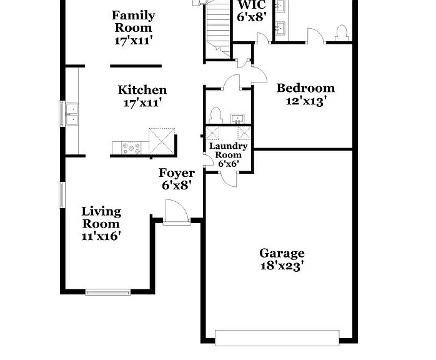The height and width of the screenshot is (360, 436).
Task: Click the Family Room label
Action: coord(134,21)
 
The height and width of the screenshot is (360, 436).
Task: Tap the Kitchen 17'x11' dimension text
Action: coord(142,103)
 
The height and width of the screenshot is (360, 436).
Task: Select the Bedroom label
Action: coord(305,88)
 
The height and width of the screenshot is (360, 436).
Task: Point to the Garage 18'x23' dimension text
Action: coord(282,266)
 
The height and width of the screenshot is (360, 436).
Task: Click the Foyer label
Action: coord(177,173)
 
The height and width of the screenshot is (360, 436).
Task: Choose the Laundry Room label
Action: coord(228,151)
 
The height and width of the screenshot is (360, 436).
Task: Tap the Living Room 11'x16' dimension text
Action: coord(101,236)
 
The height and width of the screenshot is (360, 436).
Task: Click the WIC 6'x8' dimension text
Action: coord(252,17)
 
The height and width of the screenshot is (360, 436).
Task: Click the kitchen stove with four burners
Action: coord(131,147)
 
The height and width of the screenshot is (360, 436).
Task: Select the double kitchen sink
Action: coord(72,114)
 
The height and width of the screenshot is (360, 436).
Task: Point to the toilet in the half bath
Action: coord(216,116)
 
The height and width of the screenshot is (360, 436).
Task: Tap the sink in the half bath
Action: coord(237,119)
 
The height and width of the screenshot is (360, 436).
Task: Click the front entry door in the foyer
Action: coord(177,212)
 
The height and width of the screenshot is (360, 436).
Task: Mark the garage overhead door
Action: coord(277,337)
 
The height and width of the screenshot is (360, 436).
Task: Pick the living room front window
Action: coord(108,292)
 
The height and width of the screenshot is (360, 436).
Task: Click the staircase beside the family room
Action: coord(218,29)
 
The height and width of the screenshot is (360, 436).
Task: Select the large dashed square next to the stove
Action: coord(162,141)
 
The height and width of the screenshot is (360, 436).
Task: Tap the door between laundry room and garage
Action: coord(229,179)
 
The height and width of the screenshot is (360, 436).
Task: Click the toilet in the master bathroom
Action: coord(342,33)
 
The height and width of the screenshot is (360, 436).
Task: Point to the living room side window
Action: coord(62,195)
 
